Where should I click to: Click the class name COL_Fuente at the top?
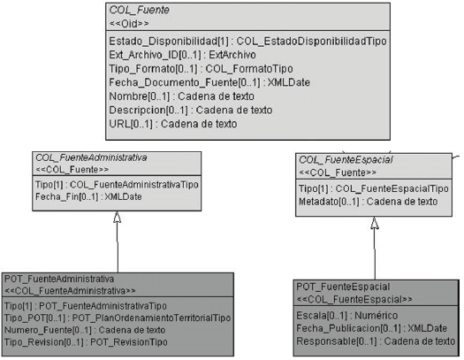pos(139,10)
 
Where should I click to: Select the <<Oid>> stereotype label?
pos(129,23)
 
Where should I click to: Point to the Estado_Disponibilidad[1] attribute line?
pos(248,42)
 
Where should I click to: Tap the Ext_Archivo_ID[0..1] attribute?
pos(182,55)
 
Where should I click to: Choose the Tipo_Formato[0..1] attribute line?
pos(201,69)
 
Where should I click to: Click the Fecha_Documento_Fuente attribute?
pos(209,82)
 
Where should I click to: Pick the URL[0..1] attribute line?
pos(173,124)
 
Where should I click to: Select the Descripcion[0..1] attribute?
pos(191,111)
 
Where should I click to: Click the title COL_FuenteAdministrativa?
pos(91,157)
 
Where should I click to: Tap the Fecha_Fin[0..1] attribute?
pos(88,197)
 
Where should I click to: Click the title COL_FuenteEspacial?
pos(346,160)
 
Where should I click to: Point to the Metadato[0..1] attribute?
pos(369,202)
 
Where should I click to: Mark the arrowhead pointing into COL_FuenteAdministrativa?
pos(118,217)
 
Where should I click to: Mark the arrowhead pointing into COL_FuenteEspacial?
pos(375,223)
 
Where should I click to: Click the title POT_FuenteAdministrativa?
pos(59,279)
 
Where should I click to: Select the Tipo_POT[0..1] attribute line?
pos(118,318)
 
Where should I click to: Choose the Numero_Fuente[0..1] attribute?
pos(85,330)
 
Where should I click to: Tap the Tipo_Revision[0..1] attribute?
pos(86,342)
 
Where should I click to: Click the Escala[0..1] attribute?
pos(347,316)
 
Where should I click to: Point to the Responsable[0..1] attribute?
pos(376,341)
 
